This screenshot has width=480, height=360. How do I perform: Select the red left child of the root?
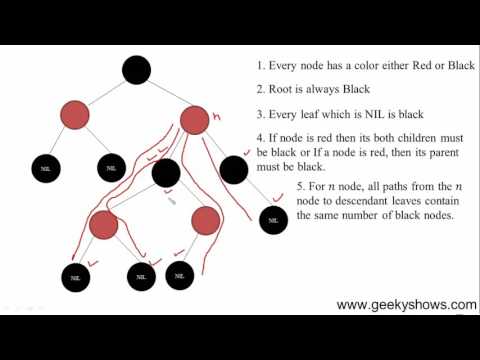pos(76,117)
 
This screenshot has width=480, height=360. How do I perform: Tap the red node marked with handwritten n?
pos(194,120)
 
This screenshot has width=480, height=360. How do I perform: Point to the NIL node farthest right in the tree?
pos(273,220)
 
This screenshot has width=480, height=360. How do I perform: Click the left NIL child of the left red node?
pos(45,170)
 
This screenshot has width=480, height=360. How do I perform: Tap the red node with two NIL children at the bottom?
pos(103,224)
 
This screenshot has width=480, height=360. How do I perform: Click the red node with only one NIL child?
pos(204,220)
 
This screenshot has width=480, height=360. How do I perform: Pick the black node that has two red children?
pos(165,171)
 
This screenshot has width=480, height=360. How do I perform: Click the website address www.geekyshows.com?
pos(406,305)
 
